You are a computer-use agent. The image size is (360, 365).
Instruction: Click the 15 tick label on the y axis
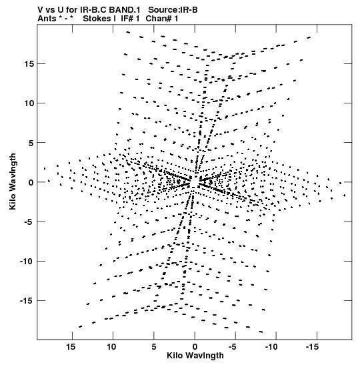29,64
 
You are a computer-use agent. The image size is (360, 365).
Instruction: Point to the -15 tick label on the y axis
27,301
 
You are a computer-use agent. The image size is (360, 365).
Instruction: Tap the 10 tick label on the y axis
29,103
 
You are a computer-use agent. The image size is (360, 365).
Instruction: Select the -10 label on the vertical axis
27,261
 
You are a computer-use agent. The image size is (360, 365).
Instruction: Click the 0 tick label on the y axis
31,182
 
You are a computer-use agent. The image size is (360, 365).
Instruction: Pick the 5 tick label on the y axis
31,143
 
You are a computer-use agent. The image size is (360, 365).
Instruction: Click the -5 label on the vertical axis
29,222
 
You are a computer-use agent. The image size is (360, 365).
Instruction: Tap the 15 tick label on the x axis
71,347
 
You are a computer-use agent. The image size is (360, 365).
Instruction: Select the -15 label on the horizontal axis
312,347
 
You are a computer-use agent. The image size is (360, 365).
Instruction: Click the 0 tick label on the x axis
195,347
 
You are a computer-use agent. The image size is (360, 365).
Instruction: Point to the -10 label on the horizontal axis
271,347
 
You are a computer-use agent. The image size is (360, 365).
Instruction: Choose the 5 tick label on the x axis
154,347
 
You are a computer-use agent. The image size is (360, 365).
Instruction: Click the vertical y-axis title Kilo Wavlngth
13,181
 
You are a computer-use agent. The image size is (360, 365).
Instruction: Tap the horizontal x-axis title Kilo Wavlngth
195,356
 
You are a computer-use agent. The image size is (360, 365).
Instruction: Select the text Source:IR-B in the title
173,10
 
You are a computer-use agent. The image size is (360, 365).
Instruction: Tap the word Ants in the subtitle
47,19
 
